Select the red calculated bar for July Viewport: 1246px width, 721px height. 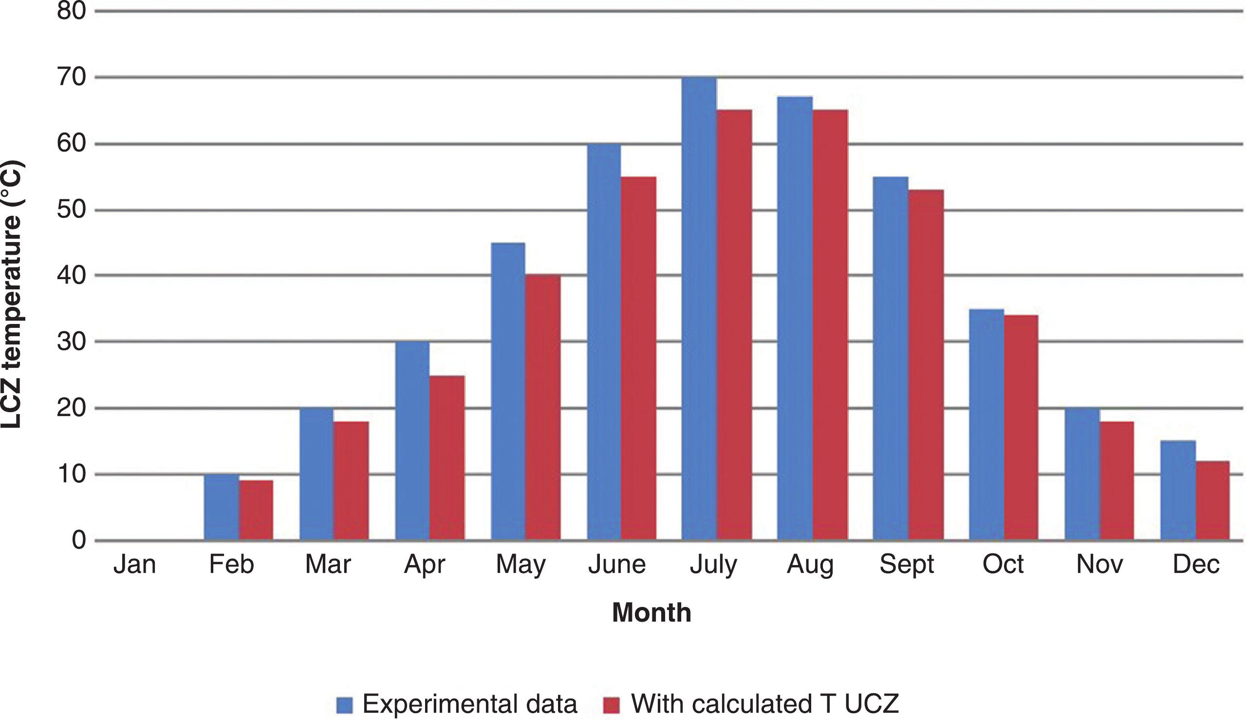[x=734, y=324]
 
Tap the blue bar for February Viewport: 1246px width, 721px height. [x=221, y=507]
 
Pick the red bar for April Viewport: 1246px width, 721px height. [x=447, y=457]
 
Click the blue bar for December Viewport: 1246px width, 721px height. [x=1178, y=490]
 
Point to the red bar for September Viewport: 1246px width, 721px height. [x=926, y=364]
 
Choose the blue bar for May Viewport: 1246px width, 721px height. [x=508, y=391]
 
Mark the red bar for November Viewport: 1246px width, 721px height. [x=1116, y=480]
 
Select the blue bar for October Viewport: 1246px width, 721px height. [x=986, y=424]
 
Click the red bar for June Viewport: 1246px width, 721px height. [x=638, y=358]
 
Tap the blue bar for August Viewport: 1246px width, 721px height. [x=795, y=318]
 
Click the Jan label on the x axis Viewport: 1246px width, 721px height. [x=134, y=565]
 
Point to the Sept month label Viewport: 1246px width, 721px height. [x=906, y=565]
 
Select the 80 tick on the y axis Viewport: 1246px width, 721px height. [x=72, y=11]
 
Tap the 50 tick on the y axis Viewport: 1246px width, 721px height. [x=72, y=210]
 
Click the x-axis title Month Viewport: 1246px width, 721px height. [x=651, y=613]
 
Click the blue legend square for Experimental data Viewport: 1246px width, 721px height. [x=345, y=705]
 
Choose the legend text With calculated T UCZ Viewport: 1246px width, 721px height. [x=764, y=704]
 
